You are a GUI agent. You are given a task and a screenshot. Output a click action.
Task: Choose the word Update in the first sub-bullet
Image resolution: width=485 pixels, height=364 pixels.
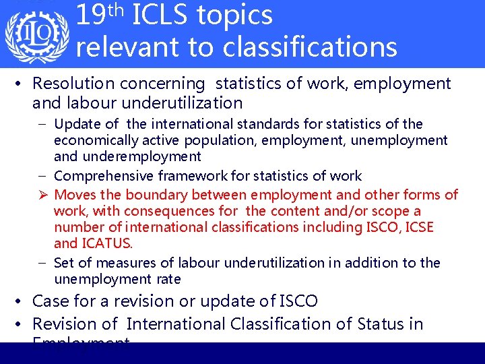[x=75, y=124]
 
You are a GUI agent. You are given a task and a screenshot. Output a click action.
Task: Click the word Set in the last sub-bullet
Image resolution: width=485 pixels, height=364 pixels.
[x=64, y=263]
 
